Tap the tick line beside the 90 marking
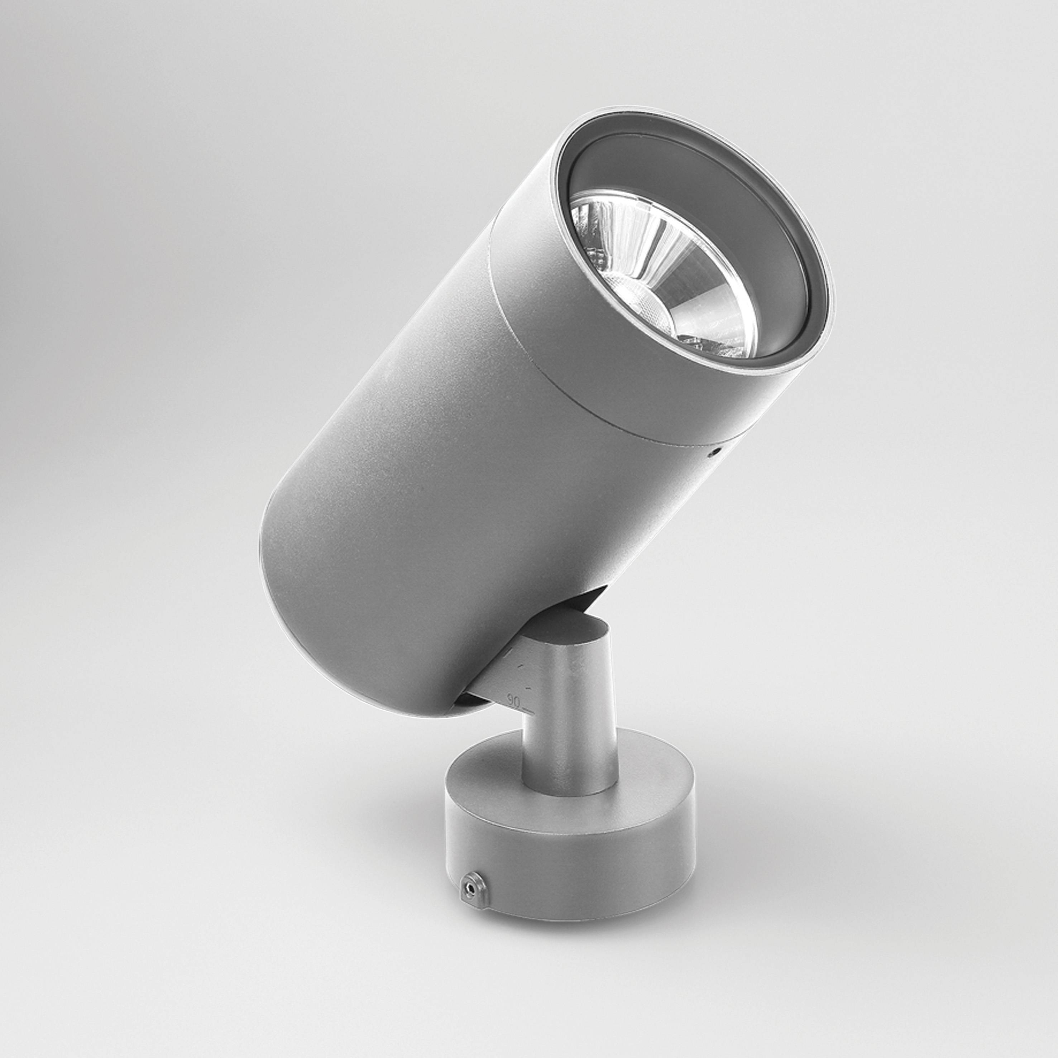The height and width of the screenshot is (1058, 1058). [x=529, y=710]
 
